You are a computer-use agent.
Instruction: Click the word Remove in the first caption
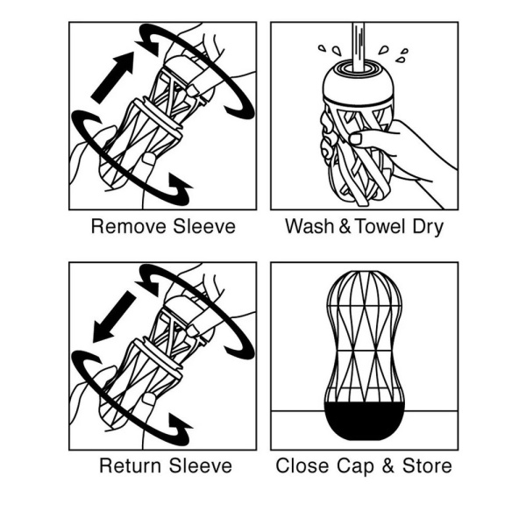click(129, 226)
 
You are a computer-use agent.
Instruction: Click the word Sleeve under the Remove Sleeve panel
click(204, 226)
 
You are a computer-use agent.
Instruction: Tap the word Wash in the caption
click(309, 226)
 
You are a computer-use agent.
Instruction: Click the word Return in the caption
click(130, 466)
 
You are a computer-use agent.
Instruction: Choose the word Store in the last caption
click(427, 466)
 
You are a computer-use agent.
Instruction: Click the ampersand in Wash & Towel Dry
click(345, 226)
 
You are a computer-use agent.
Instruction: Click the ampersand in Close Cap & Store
click(388, 466)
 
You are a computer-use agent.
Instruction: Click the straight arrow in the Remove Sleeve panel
click(112, 78)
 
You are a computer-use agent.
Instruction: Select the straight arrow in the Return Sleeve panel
click(114, 316)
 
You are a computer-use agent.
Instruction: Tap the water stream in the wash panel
click(359, 47)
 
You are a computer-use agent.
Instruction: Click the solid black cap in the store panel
click(365, 421)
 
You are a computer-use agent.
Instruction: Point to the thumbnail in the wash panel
click(356, 139)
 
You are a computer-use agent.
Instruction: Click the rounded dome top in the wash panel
click(358, 82)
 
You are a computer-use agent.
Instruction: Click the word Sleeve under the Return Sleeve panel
click(200, 466)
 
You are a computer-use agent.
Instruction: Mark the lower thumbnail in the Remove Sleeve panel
click(149, 159)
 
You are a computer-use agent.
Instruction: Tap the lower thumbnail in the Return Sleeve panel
click(149, 399)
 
